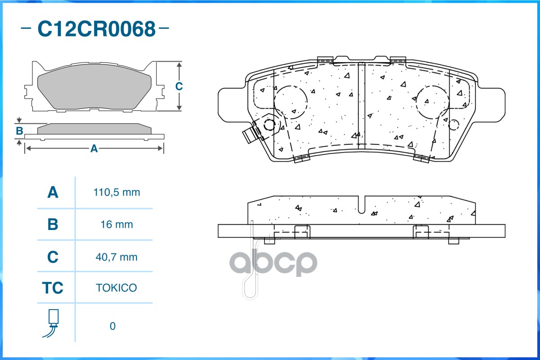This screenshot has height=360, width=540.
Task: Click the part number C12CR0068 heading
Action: (96, 29)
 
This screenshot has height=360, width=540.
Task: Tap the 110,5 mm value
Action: (117, 193)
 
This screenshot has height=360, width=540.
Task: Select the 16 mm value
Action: (117, 224)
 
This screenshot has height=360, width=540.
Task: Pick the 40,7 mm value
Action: (117, 257)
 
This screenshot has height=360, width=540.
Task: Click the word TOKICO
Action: (116, 288)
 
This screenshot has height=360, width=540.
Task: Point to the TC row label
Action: (53, 288)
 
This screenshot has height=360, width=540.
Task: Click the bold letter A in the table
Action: (53, 193)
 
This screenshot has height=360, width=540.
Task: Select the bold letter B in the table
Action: (53, 224)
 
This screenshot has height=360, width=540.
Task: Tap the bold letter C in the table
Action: (53, 257)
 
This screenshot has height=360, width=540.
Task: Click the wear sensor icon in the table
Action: (52, 323)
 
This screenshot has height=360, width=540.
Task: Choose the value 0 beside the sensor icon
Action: (113, 326)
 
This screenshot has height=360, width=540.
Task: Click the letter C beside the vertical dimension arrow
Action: (179, 86)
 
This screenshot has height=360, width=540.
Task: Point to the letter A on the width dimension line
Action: (94, 148)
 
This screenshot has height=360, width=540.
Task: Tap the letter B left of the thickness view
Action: (19, 131)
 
